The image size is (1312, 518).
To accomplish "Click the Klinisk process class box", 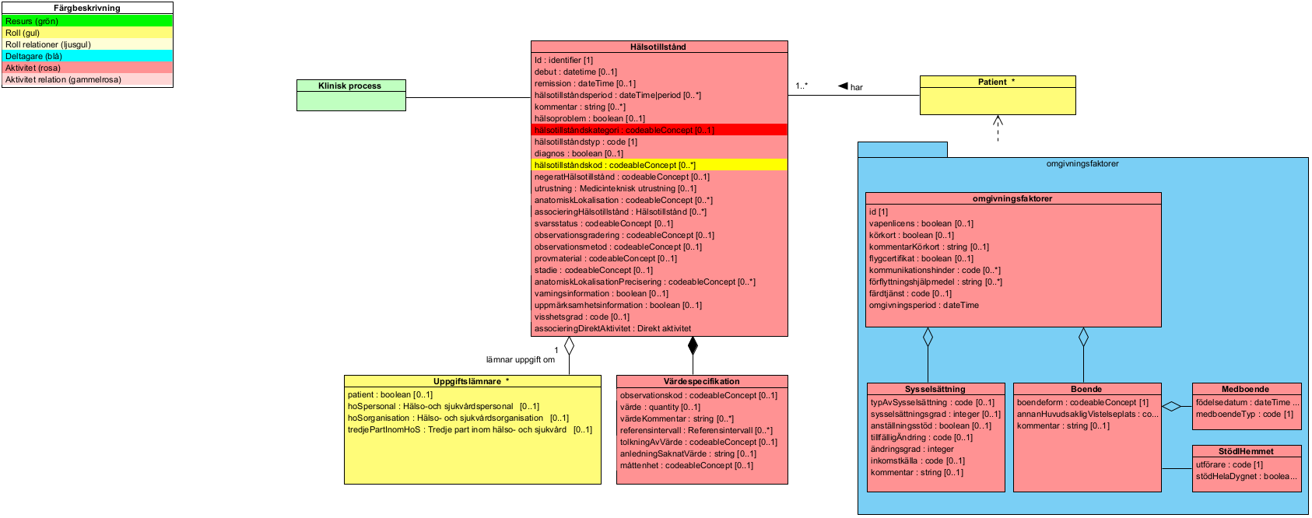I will [351, 95].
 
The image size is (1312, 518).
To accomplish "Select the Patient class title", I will [996, 82].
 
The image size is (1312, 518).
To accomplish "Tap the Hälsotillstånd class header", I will [658, 47].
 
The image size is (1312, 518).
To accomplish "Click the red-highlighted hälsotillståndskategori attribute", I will [623, 130].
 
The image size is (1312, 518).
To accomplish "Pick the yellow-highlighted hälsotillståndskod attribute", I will [615, 165].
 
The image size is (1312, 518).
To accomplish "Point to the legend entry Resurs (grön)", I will [32, 21].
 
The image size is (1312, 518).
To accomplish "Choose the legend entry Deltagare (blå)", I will [33, 56].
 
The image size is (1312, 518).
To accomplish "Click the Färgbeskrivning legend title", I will [87, 8].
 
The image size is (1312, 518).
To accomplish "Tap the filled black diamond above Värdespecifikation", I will [693, 345].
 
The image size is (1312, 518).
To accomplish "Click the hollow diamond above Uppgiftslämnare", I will [569, 345].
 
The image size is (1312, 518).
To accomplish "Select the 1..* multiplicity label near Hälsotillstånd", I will [802, 86].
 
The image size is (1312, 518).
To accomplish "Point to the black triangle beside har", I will [843, 86].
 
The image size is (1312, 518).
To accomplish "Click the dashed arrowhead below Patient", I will [998, 121].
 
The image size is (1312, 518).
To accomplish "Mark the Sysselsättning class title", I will [935, 389].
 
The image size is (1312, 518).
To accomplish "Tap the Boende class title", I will [1086, 389].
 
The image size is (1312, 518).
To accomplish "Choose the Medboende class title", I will [1245, 389].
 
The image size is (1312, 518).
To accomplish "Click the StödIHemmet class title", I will [1246, 451].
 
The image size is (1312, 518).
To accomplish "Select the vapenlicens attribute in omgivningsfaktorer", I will [921, 223].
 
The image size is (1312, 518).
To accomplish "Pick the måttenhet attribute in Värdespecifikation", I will [686, 465].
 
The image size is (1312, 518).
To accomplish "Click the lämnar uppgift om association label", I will [521, 359].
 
